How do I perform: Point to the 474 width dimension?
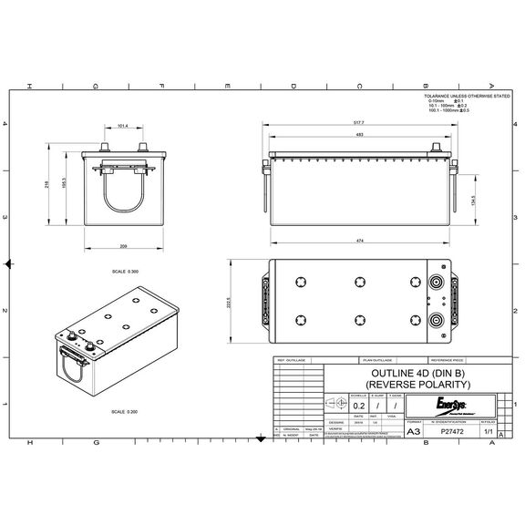pos(359,240)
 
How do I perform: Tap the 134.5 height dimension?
pos(472,201)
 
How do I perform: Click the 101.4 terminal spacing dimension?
pos(123,126)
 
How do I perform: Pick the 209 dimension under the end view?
pos(122,246)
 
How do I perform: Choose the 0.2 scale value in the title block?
pos(359,406)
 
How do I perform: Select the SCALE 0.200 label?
pos(125,413)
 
